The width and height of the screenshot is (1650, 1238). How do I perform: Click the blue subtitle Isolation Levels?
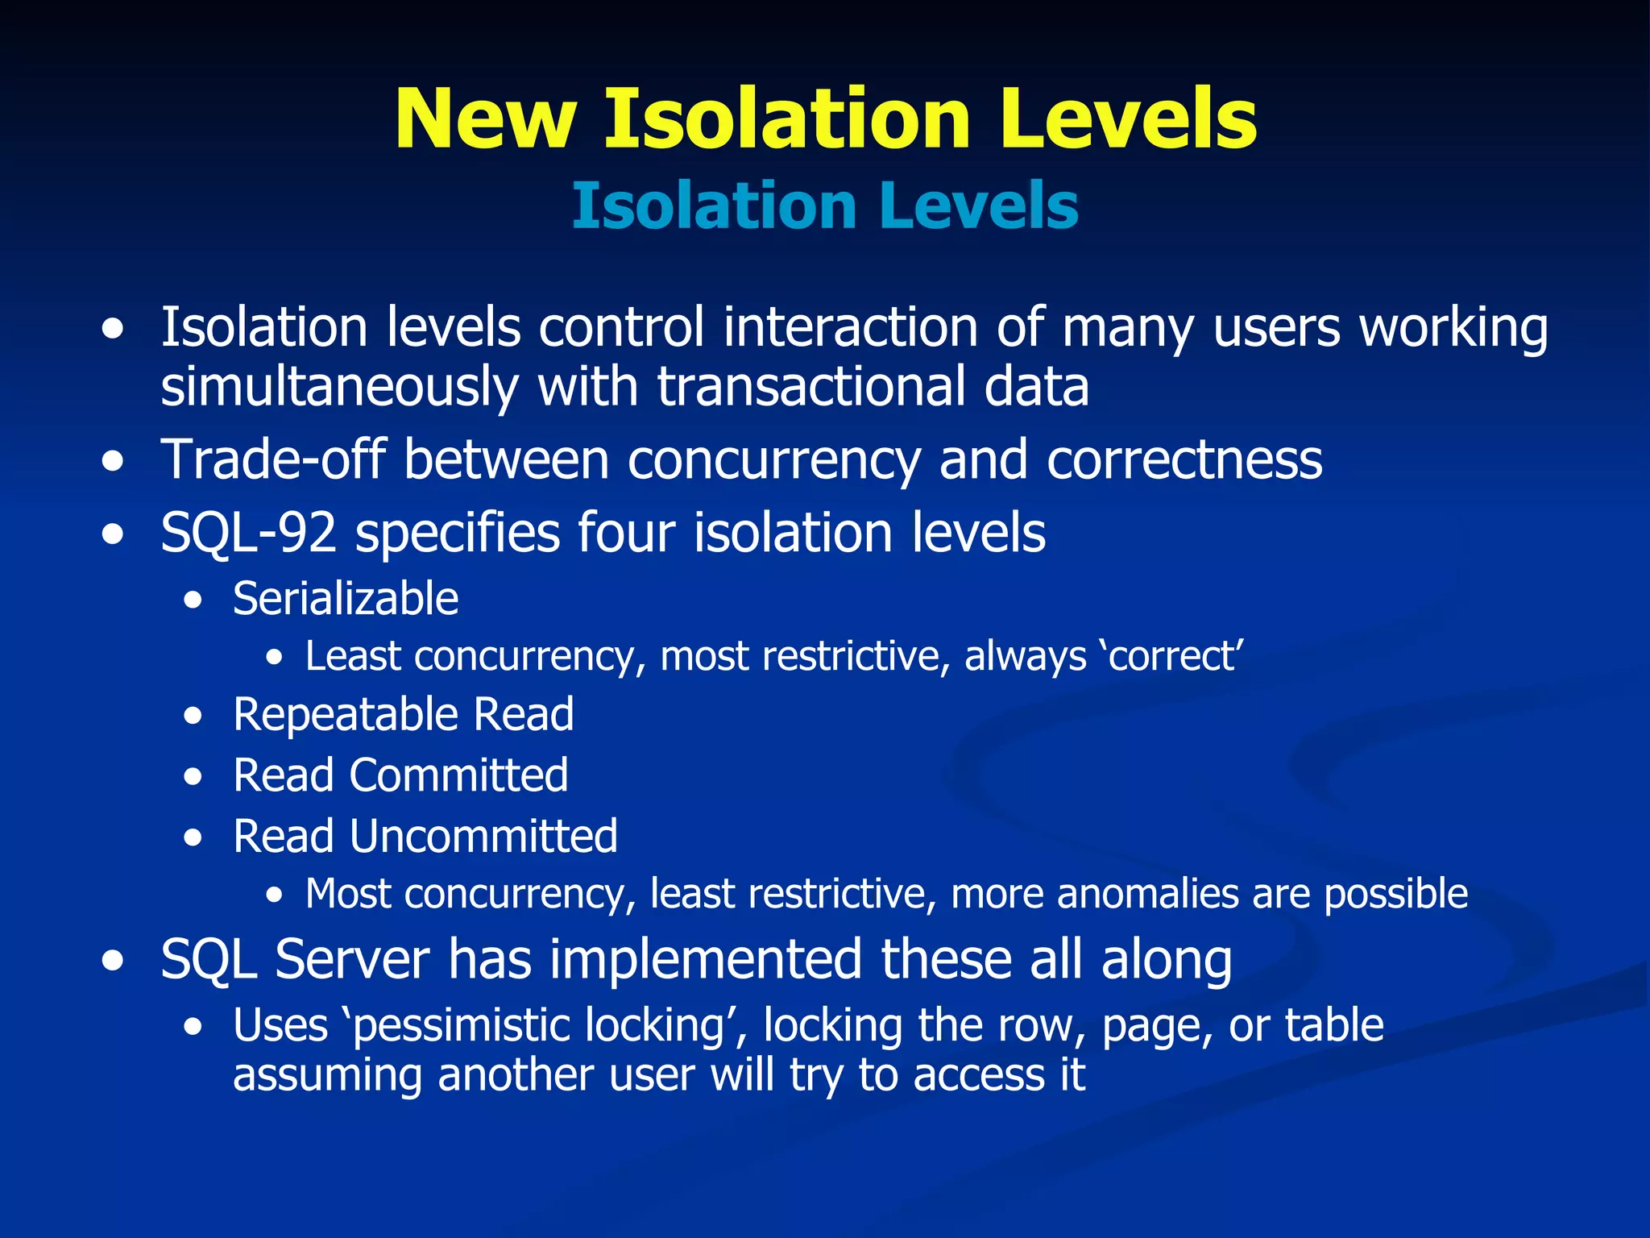tap(824, 206)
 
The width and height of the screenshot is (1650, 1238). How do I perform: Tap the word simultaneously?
tap(339, 388)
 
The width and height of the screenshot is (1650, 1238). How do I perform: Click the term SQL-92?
tap(248, 533)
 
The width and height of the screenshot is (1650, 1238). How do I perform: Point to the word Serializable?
tap(346, 599)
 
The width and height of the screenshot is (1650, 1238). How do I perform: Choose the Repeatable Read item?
tap(403, 714)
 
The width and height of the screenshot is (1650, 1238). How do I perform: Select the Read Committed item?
tap(400, 775)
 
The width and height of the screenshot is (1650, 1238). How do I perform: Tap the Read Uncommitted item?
tap(425, 836)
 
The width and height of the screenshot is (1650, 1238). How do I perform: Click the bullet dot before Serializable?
tap(193, 601)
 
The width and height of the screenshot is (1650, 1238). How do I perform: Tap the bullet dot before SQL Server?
tap(114, 962)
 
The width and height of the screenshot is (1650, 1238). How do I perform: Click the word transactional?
tap(810, 388)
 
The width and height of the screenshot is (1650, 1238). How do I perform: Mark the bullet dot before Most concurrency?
tap(276, 895)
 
